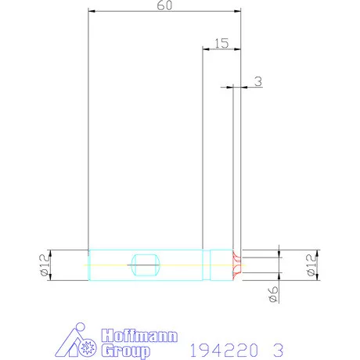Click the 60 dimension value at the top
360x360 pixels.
coord(164,5)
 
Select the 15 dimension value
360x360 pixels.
coord(221,43)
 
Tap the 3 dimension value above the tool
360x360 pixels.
coord(258,81)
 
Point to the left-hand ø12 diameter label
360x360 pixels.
coord(44,265)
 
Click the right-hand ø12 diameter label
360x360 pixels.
coord(311,265)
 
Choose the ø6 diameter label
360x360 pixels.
coord(273,294)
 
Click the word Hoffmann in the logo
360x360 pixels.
coord(139,336)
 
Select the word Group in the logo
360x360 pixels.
coord(126,351)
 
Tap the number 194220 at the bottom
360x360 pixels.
coord(224,350)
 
